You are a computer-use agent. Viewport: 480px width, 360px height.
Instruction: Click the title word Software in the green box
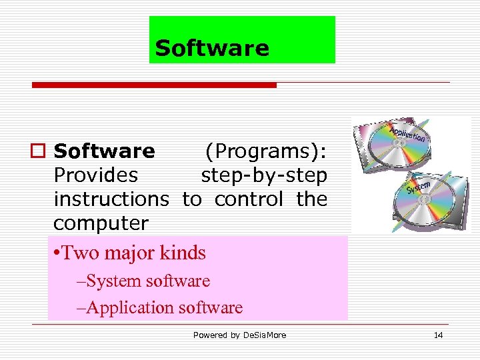click(x=212, y=48)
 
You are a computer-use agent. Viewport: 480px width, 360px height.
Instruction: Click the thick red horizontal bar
click(x=155, y=85)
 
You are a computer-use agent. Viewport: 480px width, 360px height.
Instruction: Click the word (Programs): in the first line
click(x=265, y=151)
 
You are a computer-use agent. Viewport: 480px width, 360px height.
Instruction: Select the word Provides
click(x=96, y=175)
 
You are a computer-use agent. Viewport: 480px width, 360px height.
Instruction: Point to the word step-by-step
click(x=264, y=175)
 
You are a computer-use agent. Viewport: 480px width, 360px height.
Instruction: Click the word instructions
click(x=111, y=199)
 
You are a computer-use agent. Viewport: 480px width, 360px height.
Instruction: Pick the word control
click(x=249, y=199)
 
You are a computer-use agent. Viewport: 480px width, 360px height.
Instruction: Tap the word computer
click(x=101, y=222)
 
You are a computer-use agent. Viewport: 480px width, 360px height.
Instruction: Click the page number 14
click(x=438, y=335)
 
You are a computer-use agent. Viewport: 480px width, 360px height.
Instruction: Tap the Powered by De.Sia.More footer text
click(x=239, y=335)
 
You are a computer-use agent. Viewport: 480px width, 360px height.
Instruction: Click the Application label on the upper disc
click(x=407, y=134)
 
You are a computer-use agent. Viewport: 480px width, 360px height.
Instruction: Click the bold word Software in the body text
click(x=105, y=151)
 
